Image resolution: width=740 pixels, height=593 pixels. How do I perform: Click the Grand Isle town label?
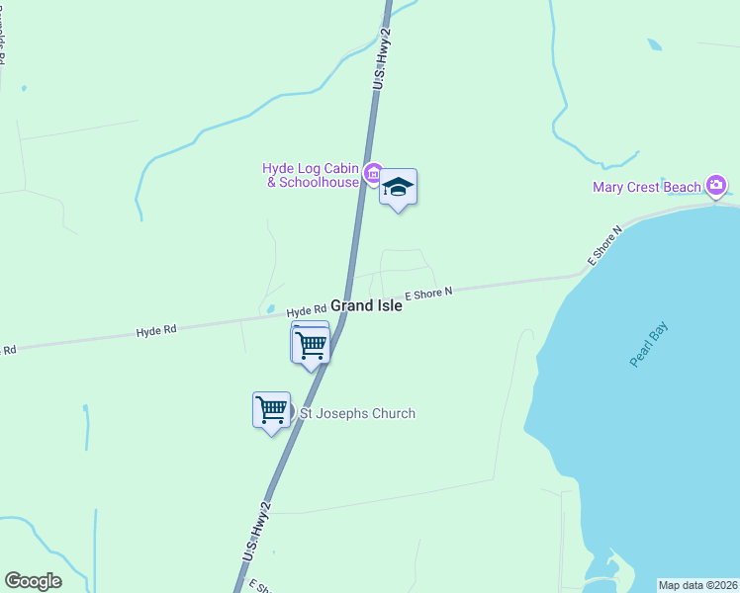coord(366,306)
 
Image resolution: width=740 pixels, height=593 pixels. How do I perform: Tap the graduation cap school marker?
coord(398,187)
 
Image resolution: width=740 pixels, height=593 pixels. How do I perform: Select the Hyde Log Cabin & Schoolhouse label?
coord(311,175)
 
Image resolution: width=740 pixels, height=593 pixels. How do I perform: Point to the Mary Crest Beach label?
coord(648,187)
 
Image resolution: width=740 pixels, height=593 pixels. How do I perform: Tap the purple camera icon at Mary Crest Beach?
coord(717,185)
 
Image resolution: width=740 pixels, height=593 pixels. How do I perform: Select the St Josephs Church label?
coord(357,413)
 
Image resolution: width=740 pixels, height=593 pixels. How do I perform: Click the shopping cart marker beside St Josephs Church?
coord(271,409)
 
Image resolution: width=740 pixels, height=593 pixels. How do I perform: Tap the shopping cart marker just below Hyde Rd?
coord(312,345)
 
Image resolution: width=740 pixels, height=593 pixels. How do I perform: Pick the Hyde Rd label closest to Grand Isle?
coord(307,310)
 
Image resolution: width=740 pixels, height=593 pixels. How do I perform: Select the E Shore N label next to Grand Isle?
coord(427,293)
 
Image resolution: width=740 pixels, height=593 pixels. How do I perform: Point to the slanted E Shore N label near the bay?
coord(603,246)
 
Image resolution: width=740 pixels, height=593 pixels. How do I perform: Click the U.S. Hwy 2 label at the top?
coord(383,61)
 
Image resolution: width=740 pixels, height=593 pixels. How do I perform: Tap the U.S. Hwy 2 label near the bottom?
coord(257,535)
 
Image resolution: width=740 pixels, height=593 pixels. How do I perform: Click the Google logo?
coord(33,581)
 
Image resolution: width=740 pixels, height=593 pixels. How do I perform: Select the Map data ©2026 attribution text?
coord(697,585)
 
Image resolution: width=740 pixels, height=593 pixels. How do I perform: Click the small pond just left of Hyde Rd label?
coord(270,309)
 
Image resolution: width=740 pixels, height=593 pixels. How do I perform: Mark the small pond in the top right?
coord(654,44)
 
